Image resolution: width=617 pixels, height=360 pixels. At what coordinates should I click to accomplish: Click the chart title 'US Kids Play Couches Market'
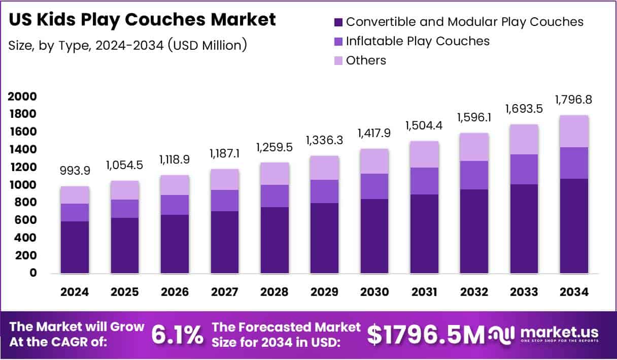[x=143, y=19]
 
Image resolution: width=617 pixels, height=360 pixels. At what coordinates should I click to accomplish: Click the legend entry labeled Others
[x=366, y=60]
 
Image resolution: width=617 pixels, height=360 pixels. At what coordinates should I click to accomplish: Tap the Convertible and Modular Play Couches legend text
[x=464, y=22]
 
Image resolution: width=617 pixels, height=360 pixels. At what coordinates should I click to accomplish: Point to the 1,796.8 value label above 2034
[x=574, y=100]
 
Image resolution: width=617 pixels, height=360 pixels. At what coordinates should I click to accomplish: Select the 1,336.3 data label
[x=324, y=140]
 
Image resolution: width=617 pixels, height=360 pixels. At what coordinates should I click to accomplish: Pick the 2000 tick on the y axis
[x=22, y=96]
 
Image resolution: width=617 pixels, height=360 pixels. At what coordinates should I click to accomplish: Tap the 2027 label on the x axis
[x=224, y=292]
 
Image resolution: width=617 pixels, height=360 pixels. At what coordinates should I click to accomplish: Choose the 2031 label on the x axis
[x=424, y=292]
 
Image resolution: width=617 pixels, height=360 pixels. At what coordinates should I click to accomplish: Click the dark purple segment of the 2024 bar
[x=75, y=247]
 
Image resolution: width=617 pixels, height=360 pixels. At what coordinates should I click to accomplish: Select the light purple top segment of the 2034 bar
[x=574, y=131]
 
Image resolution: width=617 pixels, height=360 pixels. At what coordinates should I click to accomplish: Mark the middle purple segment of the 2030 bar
[x=374, y=186]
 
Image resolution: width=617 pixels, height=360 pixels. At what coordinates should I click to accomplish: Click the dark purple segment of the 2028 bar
[x=275, y=240]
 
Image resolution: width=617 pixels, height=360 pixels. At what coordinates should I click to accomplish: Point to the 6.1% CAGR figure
[x=178, y=335]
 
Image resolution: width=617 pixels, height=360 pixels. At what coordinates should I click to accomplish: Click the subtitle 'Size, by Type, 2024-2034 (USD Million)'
[x=128, y=45]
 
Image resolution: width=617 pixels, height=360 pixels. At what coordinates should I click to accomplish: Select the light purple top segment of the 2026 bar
[x=175, y=185]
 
